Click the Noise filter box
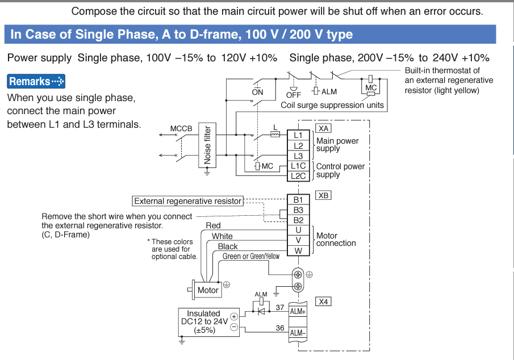click(x=207, y=146)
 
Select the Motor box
click(x=208, y=290)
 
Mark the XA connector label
click(x=324, y=128)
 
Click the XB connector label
click(x=324, y=195)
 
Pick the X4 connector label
click(x=324, y=302)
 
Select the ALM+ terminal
click(x=298, y=311)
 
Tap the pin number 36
click(x=279, y=328)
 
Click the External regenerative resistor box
click(x=187, y=201)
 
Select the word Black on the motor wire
click(x=228, y=246)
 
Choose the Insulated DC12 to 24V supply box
click(x=203, y=321)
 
